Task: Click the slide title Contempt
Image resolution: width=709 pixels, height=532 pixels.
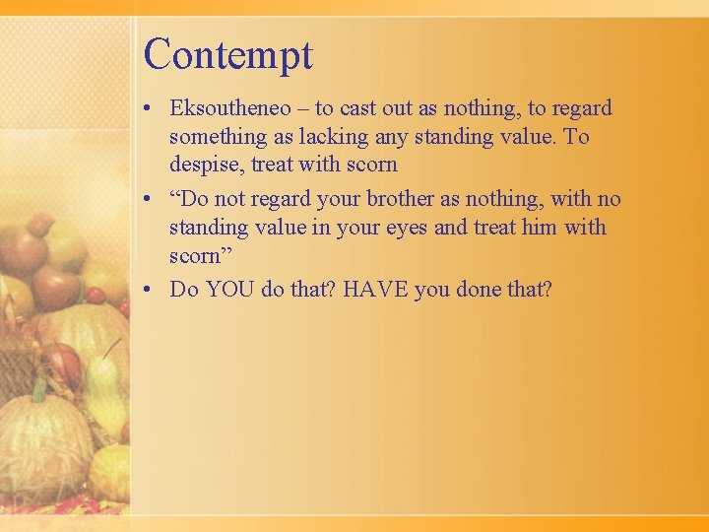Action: point(227,55)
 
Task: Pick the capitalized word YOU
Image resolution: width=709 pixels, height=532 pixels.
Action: point(229,290)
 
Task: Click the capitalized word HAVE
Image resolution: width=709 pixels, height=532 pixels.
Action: point(375,290)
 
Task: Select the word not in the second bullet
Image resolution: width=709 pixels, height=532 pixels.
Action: point(229,199)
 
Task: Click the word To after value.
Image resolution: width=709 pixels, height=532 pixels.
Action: point(576,137)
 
